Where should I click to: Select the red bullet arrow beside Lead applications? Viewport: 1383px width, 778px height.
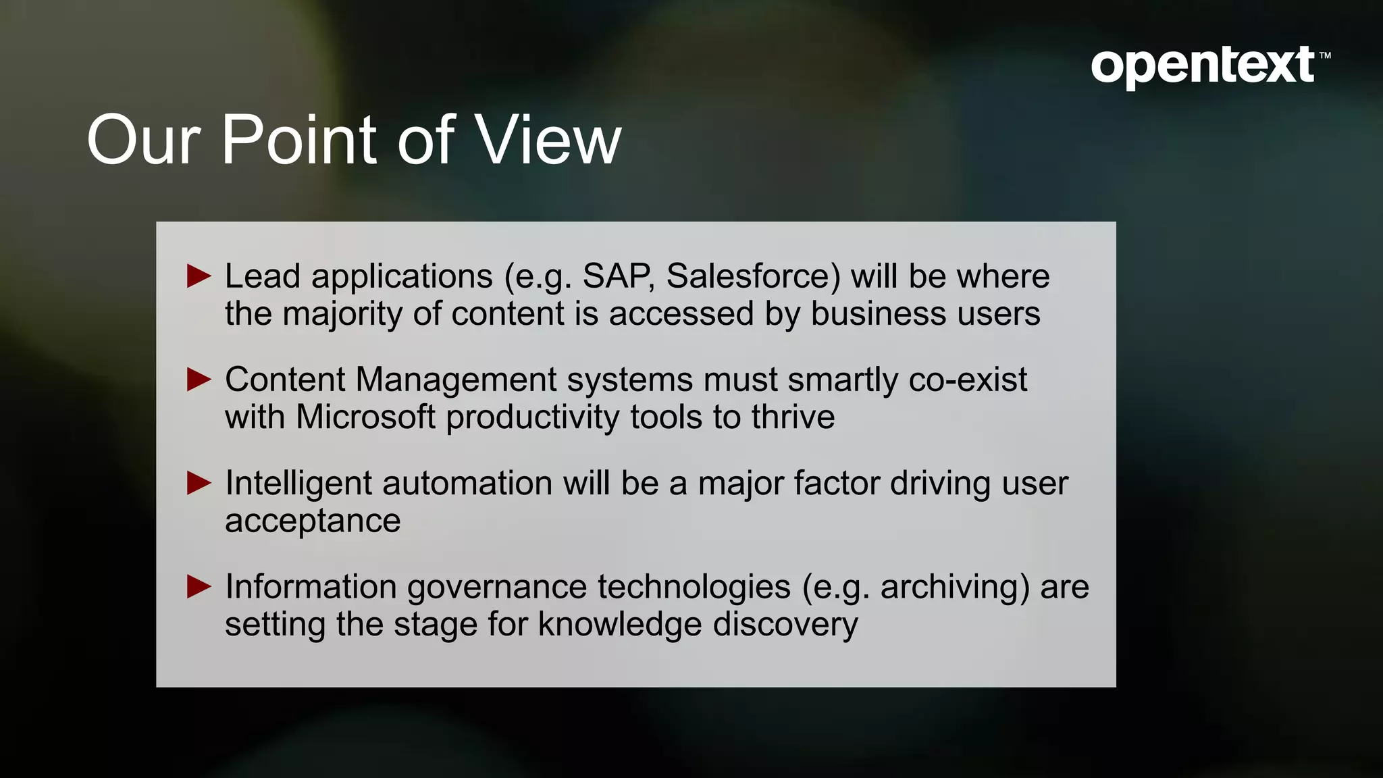(x=199, y=276)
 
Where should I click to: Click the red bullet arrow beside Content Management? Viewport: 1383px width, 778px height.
(x=199, y=380)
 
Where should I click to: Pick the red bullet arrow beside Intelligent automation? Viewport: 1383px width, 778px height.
(x=199, y=483)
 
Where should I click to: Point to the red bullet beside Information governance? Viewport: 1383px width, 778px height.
(x=199, y=586)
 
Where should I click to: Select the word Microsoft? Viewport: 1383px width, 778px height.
(x=365, y=417)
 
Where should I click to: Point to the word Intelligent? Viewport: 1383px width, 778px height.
(x=298, y=484)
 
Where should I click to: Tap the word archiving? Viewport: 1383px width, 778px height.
(x=955, y=587)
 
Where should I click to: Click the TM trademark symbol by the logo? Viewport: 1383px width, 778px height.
(x=1324, y=56)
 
